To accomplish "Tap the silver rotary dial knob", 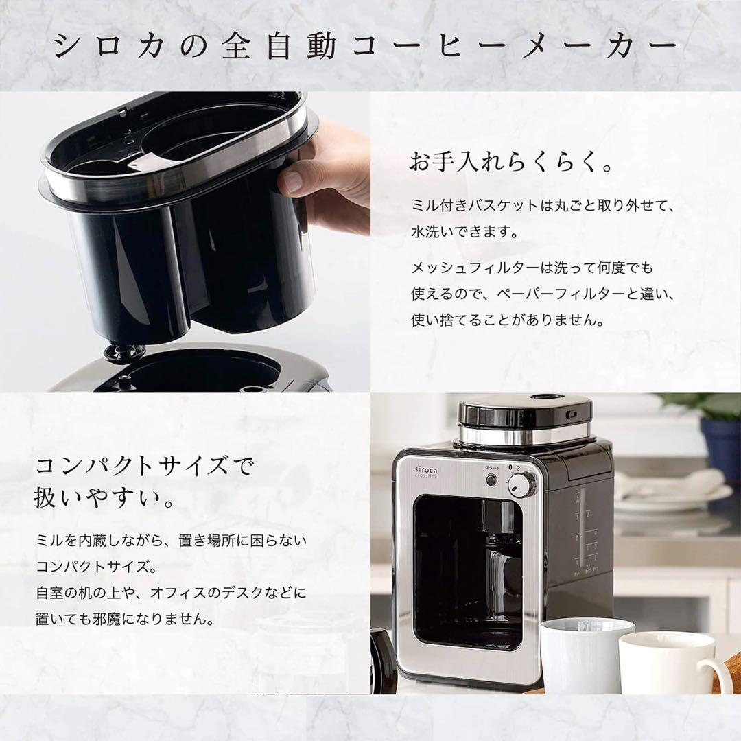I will [x=522, y=486].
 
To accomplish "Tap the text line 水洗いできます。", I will [x=464, y=232].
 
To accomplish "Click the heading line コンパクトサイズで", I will [x=144, y=467].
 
